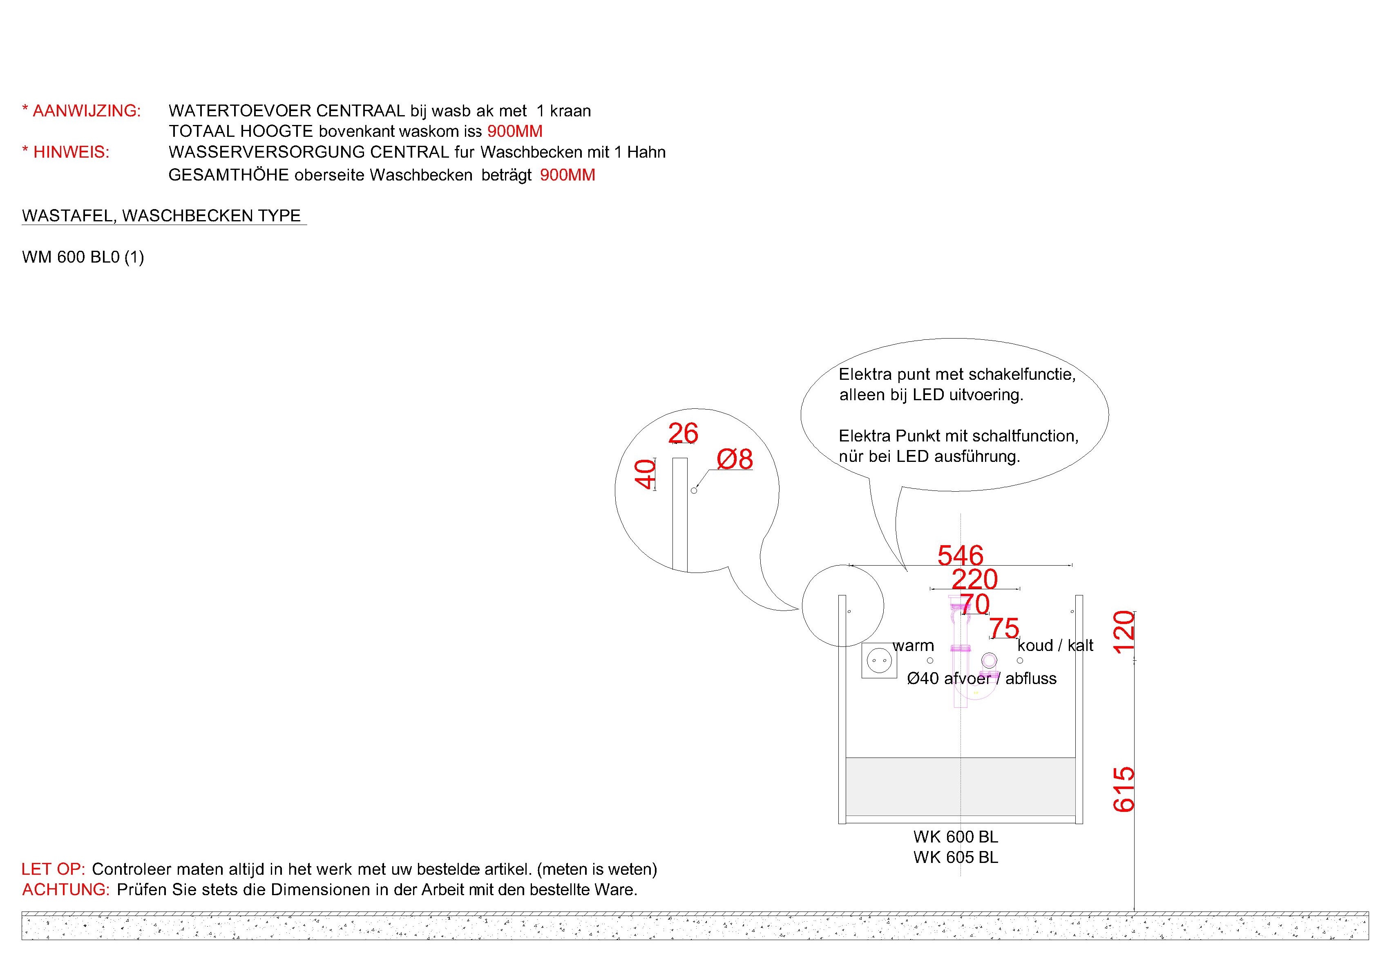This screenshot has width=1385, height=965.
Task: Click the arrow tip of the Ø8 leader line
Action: pyautogui.click(x=696, y=487)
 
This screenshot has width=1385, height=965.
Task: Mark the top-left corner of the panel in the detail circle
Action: pyautogui.click(x=672, y=458)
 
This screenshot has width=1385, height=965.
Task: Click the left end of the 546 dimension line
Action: pyautogui.click(x=849, y=565)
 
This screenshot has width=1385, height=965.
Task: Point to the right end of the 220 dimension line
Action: pyautogui.click(x=1019, y=588)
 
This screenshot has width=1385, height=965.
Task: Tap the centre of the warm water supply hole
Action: pyautogui.click(x=929, y=660)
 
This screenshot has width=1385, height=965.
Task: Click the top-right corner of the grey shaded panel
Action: pyautogui.click(x=1076, y=758)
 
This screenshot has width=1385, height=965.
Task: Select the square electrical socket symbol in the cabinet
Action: pyautogui.click(x=879, y=660)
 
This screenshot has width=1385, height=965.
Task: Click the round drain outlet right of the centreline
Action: pyautogui.click(x=989, y=660)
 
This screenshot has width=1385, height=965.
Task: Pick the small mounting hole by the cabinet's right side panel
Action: pyautogui.click(x=1072, y=612)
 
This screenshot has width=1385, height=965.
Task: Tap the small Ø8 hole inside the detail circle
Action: pyautogui.click(x=694, y=490)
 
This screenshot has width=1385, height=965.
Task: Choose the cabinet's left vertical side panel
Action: pyautogui.click(x=842, y=709)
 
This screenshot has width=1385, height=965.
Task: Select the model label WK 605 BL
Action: pyautogui.click(x=956, y=857)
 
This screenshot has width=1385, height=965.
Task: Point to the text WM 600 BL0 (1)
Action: pyautogui.click(x=83, y=258)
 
